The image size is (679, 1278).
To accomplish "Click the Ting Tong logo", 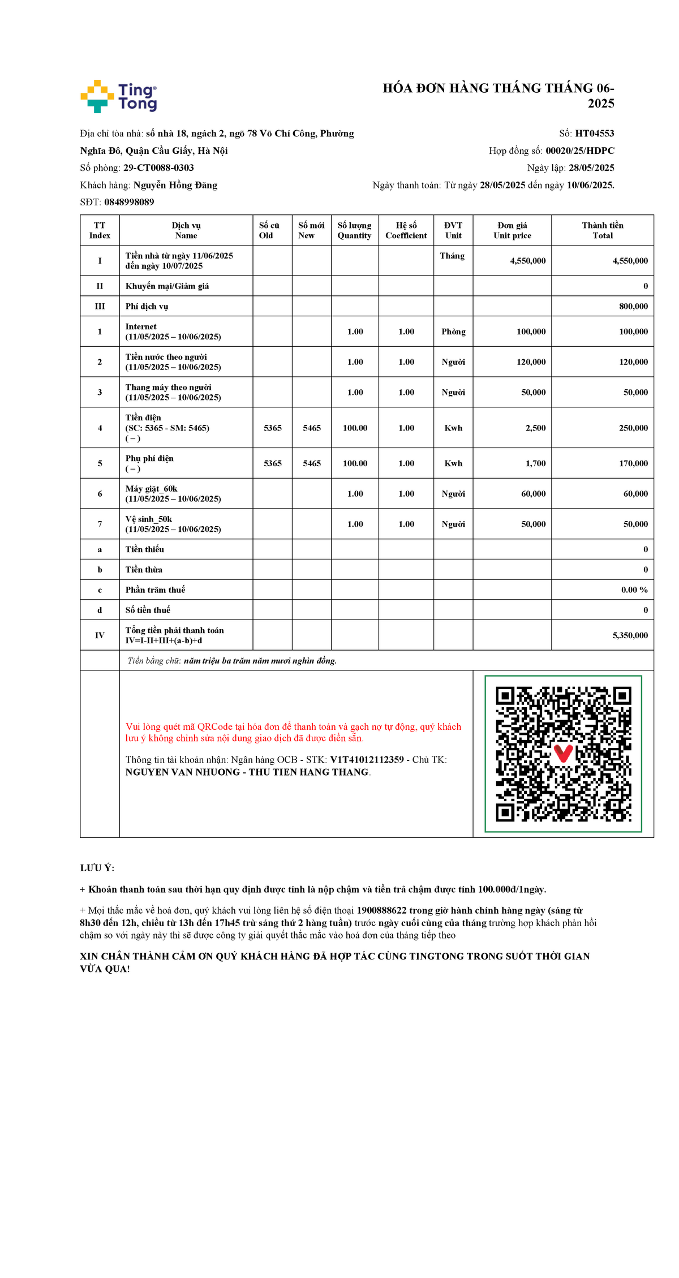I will pos(119,96).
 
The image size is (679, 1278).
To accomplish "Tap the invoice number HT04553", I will pos(594,134).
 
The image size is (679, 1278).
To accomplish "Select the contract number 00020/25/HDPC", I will pos(579,150).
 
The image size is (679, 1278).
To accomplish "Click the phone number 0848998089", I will pos(129,202).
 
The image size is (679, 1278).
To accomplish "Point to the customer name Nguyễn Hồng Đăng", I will pos(175,185).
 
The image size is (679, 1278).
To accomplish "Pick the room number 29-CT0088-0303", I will pos(158,168).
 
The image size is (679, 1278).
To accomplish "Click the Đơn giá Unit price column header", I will pos(512,230).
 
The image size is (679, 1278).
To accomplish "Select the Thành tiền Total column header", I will pos(602,230).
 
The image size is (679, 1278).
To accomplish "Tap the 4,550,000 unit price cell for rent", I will pos(527,261).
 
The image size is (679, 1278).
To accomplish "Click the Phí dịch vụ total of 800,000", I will pos(633,306).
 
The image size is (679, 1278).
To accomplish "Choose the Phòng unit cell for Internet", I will pos(453,332).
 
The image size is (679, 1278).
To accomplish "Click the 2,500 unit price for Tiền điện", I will pos(535,428).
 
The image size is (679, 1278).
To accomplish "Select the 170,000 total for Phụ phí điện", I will pos(633,463).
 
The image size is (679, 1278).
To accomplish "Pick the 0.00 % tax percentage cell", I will pos(634,589).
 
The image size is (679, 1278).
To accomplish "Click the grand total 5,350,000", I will pos(630,635).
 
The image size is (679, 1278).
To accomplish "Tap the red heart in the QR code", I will pos(563,753).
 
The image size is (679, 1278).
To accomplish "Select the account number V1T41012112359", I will pos(367,760).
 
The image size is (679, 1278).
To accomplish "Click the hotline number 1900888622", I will pos(381,910).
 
